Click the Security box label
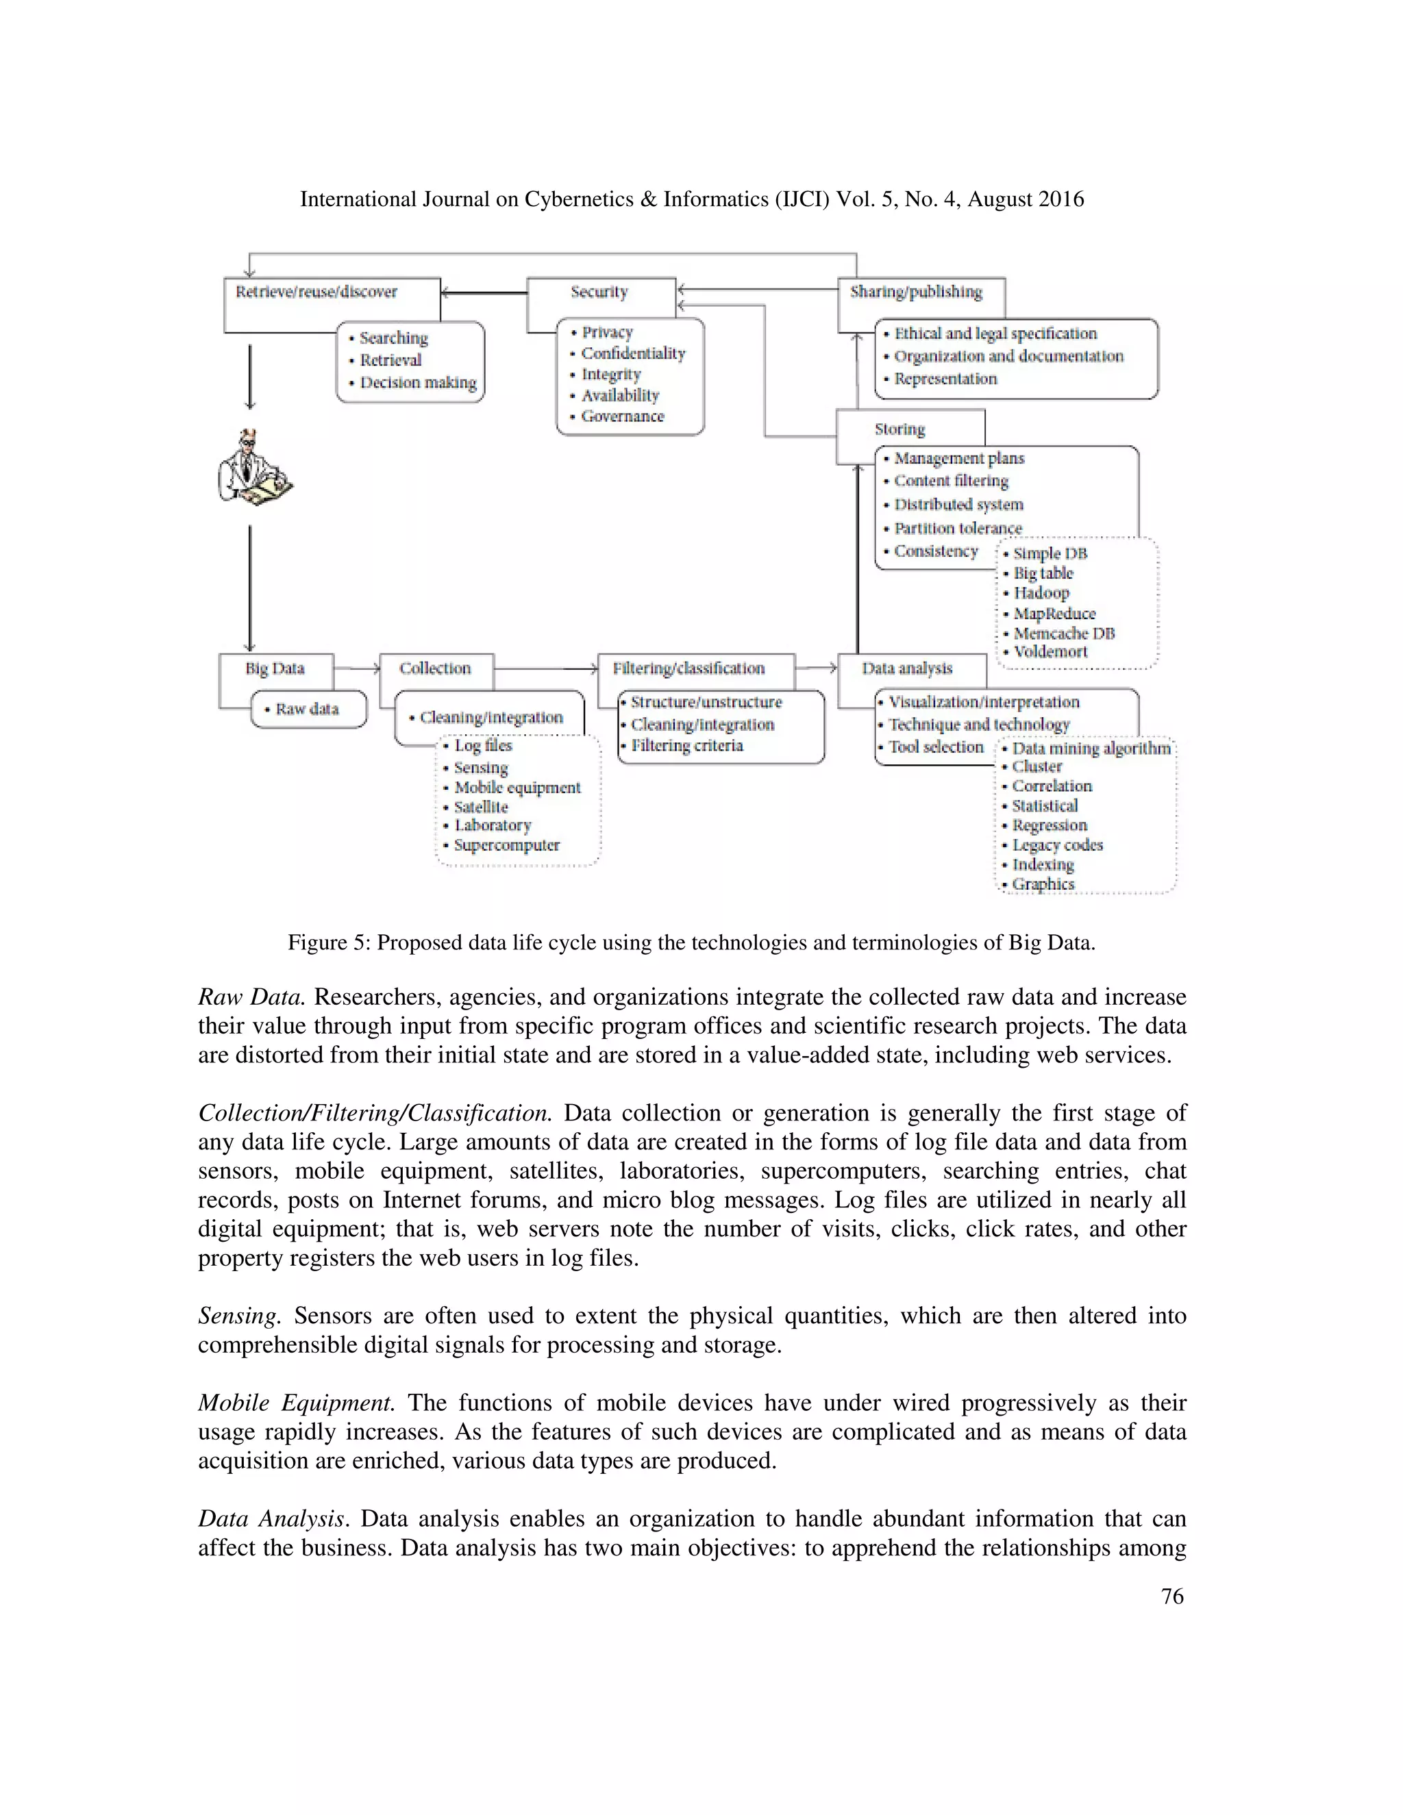pos(599,292)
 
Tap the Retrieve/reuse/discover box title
pos(316,292)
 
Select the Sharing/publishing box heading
pos(916,292)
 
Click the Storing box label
pos(899,429)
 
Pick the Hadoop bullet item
pos(1041,593)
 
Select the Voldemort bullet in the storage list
pos(1050,652)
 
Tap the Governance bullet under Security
pos(622,416)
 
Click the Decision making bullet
pos(417,383)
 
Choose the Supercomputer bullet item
pos(506,845)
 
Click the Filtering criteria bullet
pos(686,745)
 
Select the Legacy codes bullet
pos(1056,845)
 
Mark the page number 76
pos(1172,1597)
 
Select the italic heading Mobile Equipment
pos(296,1403)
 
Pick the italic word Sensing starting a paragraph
pos(238,1316)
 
